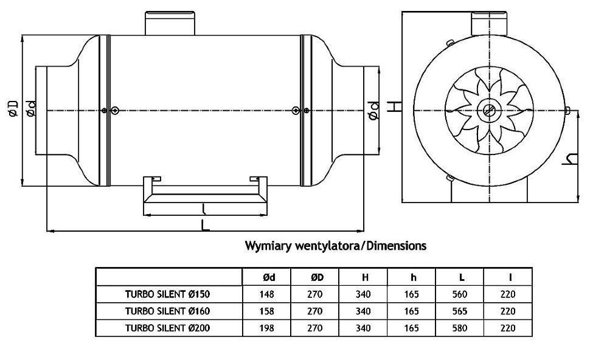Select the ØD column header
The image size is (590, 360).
tap(316, 277)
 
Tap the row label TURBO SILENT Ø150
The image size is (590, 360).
tap(170, 294)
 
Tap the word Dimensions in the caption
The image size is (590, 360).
tap(395, 246)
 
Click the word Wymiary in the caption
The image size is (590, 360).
tap(268, 246)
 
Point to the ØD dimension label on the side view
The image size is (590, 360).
tap(14, 109)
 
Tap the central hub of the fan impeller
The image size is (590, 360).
tap(489, 111)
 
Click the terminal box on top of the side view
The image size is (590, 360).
tap(169, 23)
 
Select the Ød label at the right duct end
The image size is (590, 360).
tap(375, 109)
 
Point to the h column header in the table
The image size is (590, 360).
tap(414, 277)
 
